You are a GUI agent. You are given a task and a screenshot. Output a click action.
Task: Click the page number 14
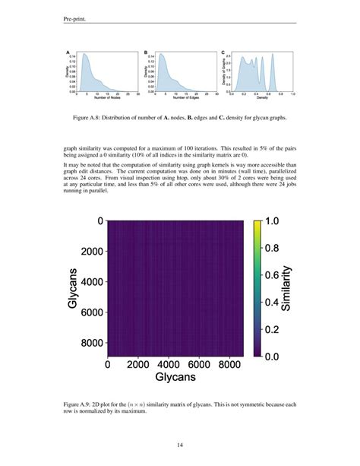[180, 445]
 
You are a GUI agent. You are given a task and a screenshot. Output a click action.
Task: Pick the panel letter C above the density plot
[223, 52]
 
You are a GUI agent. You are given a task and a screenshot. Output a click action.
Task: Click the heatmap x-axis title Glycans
[177, 378]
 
